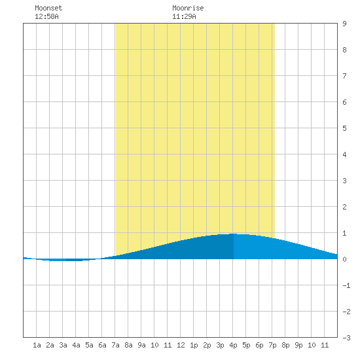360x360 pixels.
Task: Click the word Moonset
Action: [48, 8]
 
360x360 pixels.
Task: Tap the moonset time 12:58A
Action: [46, 16]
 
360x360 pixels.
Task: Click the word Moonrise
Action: [188, 8]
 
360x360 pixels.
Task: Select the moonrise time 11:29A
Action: [184, 16]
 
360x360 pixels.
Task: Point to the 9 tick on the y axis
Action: [344, 24]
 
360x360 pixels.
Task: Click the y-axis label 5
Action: [344, 128]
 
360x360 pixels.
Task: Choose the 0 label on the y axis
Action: [344, 259]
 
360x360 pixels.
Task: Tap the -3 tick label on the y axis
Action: [346, 338]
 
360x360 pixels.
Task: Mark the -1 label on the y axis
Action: [346, 285]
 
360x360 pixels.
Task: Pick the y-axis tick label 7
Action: [344, 76]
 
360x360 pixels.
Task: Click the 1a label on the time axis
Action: [37, 345]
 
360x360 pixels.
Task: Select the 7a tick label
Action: [115, 345]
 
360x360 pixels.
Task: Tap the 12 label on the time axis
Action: [181, 345]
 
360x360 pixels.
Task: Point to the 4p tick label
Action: [233, 345]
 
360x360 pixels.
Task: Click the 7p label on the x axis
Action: [272, 345]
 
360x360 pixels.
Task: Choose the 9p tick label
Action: [298, 345]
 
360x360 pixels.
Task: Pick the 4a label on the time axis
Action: [76, 345]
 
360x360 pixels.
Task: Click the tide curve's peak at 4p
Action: [233, 234]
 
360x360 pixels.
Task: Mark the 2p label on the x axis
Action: [207, 345]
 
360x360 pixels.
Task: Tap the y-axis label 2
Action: [344, 207]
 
